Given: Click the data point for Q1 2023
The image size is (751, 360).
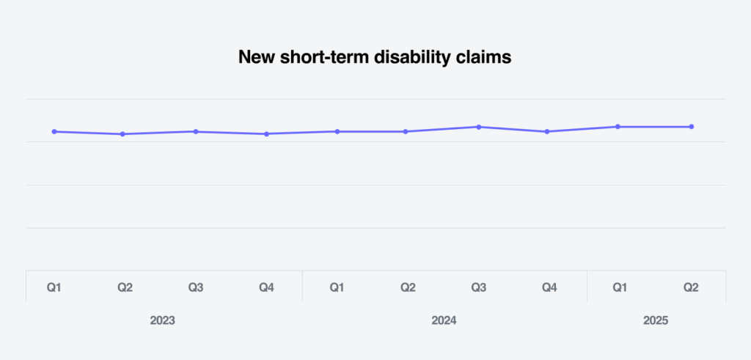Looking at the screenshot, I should pyautogui.click(x=54, y=131).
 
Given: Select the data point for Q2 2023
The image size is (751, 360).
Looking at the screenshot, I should pyautogui.click(x=122, y=134).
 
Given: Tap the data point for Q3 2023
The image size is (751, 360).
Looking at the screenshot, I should pyautogui.click(x=195, y=131).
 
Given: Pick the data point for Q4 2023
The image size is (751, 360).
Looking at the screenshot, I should pyautogui.click(x=266, y=134).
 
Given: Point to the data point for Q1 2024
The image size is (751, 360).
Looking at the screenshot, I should pyautogui.click(x=337, y=131).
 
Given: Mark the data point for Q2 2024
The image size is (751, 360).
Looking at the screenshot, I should pyautogui.click(x=406, y=131).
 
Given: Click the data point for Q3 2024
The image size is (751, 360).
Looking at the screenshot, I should pyautogui.click(x=478, y=127).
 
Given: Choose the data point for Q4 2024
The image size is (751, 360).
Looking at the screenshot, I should pyautogui.click(x=547, y=131).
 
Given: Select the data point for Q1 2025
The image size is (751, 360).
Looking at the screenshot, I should pyautogui.click(x=618, y=127).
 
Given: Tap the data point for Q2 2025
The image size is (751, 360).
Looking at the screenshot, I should pyautogui.click(x=691, y=127).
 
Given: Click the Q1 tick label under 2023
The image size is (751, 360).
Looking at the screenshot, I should pyautogui.click(x=54, y=287).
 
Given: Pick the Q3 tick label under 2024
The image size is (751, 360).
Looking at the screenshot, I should pyautogui.click(x=478, y=287).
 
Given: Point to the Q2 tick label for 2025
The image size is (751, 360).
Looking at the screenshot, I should pyautogui.click(x=691, y=287).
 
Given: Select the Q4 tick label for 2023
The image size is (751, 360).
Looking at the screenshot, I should pyautogui.click(x=266, y=287).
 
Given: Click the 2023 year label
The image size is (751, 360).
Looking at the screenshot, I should pyautogui.click(x=163, y=320).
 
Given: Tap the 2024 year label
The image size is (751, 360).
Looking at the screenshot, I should pyautogui.click(x=444, y=320).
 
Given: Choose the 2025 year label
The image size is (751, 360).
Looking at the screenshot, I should pyautogui.click(x=656, y=320).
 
